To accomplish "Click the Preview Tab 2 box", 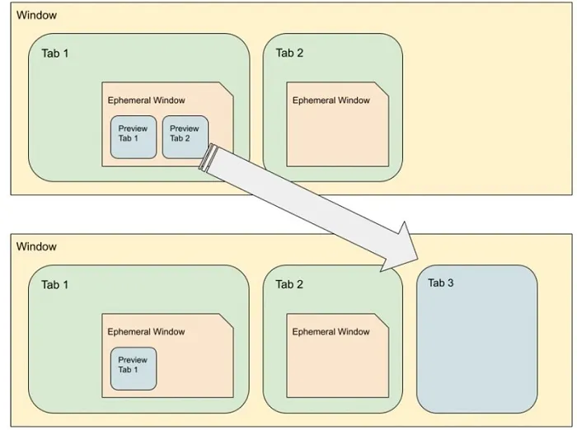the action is click(x=185, y=138).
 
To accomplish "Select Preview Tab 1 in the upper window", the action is click(x=134, y=138).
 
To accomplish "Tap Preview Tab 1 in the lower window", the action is click(x=134, y=368).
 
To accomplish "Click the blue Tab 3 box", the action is click(x=477, y=339).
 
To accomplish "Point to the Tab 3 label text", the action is click(x=441, y=283).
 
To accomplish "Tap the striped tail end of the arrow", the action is click(x=208, y=157).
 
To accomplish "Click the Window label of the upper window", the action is click(x=37, y=15).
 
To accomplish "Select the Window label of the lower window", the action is click(x=36, y=246).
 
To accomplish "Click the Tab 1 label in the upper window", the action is click(x=55, y=54).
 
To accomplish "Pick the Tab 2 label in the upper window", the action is click(x=289, y=53).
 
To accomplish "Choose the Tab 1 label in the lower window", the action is click(x=55, y=285).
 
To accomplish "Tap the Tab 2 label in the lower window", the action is click(x=289, y=284).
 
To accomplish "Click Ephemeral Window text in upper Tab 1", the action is click(x=147, y=100).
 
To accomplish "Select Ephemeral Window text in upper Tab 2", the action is click(x=331, y=100).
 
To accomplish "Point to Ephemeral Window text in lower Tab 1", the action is click(x=146, y=332).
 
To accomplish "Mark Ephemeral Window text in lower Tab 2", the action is click(x=331, y=332).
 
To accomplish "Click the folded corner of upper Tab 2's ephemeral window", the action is click(x=382, y=89).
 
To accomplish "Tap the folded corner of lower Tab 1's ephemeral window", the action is click(x=227, y=320).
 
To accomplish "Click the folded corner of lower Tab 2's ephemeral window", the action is click(x=382, y=320).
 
